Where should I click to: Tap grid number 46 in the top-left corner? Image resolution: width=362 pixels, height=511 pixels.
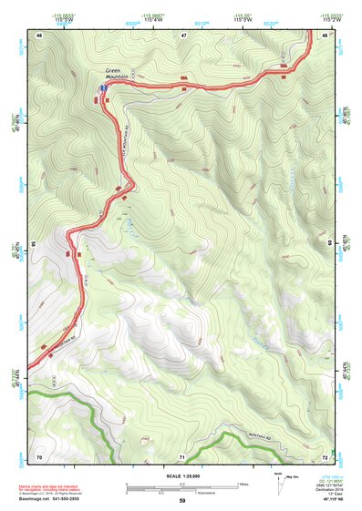(39, 35)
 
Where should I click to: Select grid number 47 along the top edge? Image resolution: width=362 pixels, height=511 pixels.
(182, 35)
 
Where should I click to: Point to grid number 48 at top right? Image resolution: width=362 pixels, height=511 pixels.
(325, 35)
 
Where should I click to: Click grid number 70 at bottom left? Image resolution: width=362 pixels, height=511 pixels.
(39, 455)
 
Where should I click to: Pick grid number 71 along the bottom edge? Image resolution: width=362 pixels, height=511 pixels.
(182, 455)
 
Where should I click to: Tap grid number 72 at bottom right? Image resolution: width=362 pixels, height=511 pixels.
(325, 455)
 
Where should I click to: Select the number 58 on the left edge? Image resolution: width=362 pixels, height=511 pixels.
(34, 244)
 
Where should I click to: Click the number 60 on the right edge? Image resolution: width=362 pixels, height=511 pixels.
(330, 244)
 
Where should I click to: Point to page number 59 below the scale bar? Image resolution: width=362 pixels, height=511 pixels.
(182, 501)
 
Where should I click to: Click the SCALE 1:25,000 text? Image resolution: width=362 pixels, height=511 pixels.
(181, 475)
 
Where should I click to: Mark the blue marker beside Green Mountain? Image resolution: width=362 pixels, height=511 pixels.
(100, 87)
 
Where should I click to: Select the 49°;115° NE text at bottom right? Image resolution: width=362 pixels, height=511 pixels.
(329, 500)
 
